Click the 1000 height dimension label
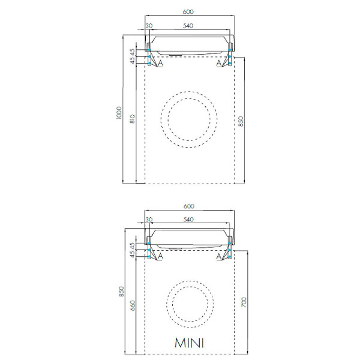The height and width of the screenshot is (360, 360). pyautogui.click(x=118, y=113)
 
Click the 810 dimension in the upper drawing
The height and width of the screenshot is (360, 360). pyautogui.click(x=133, y=119)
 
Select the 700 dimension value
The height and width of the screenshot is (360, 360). pyautogui.click(x=244, y=302)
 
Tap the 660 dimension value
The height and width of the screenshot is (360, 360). pyautogui.click(x=133, y=305)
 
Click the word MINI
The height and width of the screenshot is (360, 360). pyautogui.click(x=189, y=343)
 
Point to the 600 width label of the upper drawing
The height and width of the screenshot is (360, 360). pyautogui.click(x=188, y=12)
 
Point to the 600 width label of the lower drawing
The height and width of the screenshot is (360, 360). pyautogui.click(x=189, y=206)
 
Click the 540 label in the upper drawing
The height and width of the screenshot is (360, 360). pyautogui.click(x=188, y=26)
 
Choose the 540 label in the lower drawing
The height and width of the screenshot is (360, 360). pyautogui.click(x=188, y=220)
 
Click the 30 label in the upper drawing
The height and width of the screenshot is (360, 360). pyautogui.click(x=149, y=26)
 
